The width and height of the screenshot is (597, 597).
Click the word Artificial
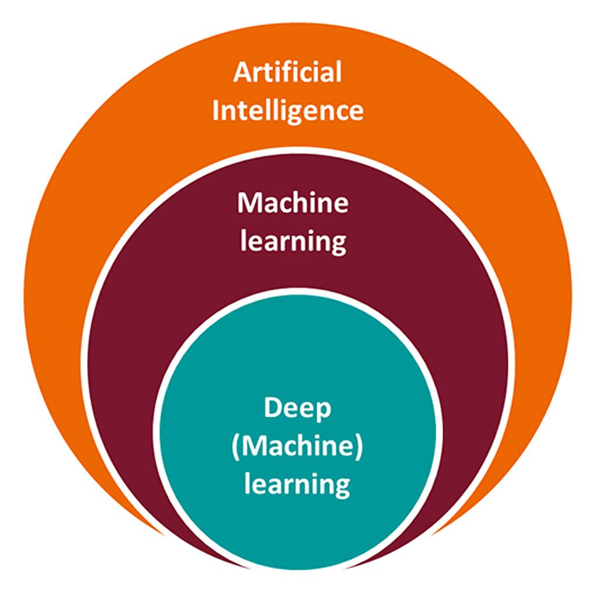tap(287, 73)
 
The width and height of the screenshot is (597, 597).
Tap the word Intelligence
tap(287, 110)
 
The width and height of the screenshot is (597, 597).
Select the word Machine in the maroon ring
tap(293, 203)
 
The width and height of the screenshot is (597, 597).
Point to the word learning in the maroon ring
tap(293, 241)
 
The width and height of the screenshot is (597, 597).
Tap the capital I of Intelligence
tap(216, 110)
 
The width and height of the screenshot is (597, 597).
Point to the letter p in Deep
tap(323, 412)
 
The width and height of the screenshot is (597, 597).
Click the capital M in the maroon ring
tap(250, 203)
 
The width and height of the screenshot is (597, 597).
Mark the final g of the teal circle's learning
tap(342, 487)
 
